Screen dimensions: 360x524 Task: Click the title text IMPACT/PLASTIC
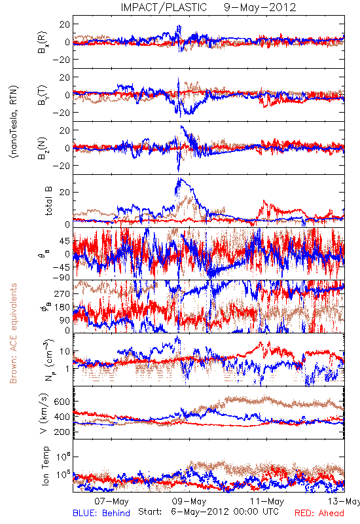[x=164, y=7]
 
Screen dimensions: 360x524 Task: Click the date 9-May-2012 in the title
[x=260, y=7]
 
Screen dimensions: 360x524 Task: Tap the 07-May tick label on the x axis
[x=111, y=501]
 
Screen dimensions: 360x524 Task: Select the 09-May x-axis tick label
[x=189, y=501]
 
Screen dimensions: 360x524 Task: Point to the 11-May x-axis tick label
[x=267, y=501]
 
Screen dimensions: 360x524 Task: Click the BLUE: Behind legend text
[x=101, y=513]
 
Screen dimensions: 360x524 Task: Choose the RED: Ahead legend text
[x=319, y=513]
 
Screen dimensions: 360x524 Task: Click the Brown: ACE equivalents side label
[x=13, y=333]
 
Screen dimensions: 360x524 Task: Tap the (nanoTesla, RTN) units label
[x=14, y=121]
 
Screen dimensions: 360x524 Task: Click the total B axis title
[x=48, y=201]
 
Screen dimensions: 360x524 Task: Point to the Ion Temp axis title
[x=45, y=466]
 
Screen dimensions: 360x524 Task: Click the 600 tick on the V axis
[x=62, y=402]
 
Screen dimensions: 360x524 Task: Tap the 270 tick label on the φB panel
[x=62, y=293]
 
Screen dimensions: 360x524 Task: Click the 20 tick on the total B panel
[x=65, y=192]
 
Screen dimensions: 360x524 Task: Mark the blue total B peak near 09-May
[x=179, y=179]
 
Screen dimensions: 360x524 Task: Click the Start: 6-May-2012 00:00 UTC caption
[x=208, y=512]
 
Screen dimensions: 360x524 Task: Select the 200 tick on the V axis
[x=62, y=432]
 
